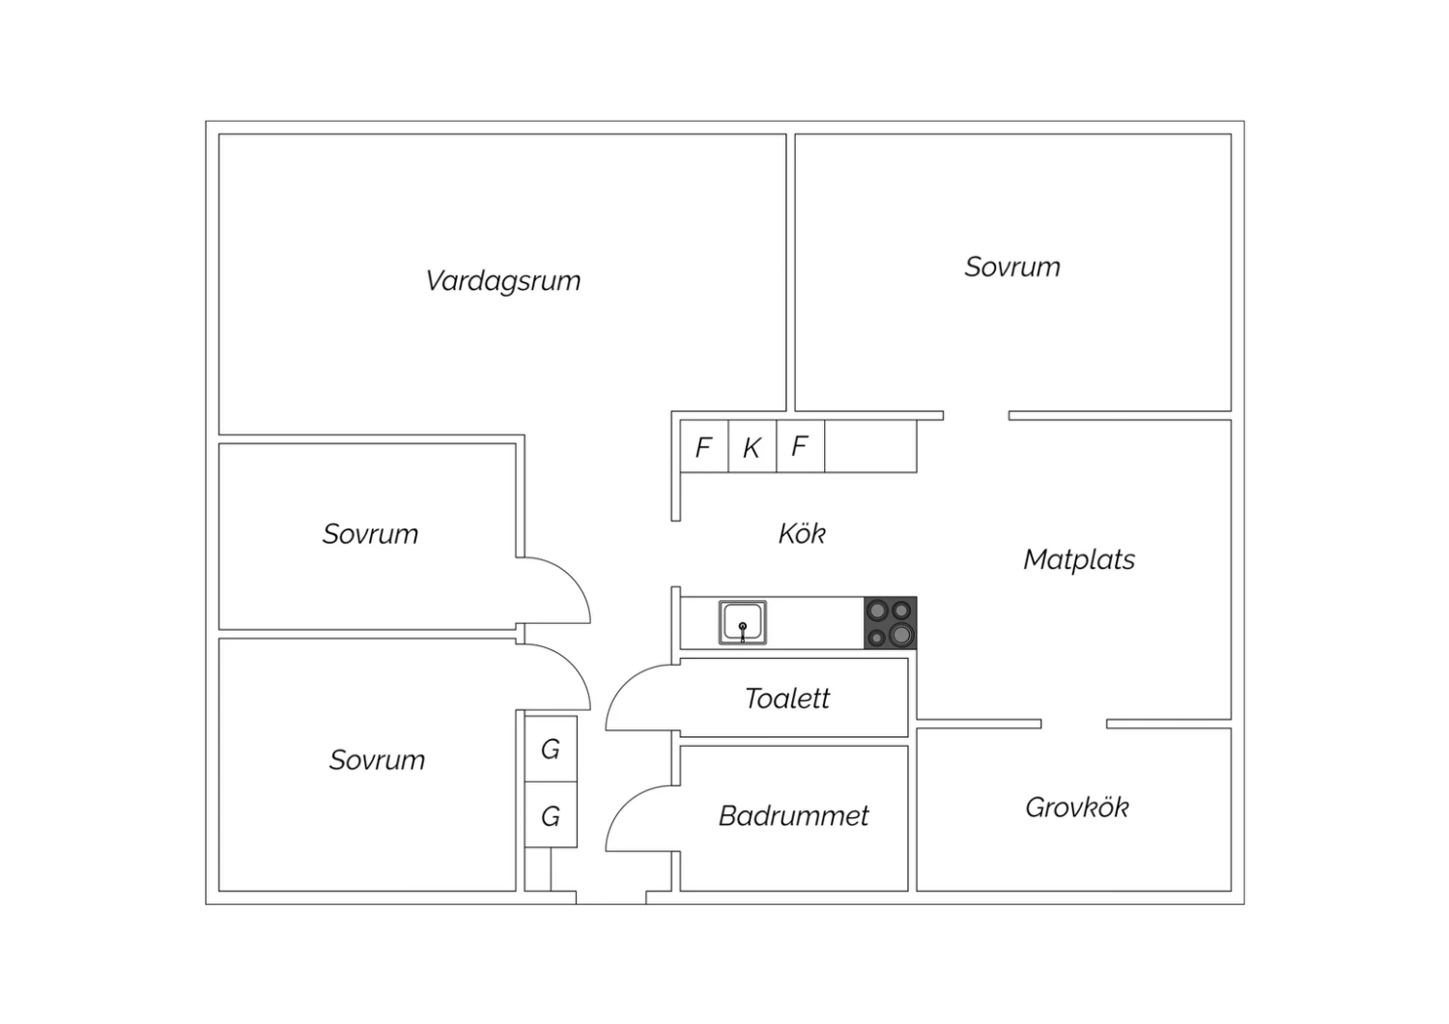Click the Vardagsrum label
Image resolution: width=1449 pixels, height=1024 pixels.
pos(502,281)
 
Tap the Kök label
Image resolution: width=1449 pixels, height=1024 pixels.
pos(802,533)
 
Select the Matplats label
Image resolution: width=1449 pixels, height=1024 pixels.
pos(1079,559)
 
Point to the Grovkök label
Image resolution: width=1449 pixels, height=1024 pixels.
pos(1077,808)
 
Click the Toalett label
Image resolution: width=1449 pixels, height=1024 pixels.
pos(787,698)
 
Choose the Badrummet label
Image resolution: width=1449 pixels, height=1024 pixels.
pos(794,816)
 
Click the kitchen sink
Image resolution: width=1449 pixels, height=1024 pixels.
pos(743,623)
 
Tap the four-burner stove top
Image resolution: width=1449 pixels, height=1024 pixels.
pos(890,623)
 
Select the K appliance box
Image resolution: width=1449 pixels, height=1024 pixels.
pos(753,446)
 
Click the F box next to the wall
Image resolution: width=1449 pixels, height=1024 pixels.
pos(704,446)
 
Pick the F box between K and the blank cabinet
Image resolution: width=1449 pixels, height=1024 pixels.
pos(801,446)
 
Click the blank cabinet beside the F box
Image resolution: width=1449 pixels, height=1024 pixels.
pos(870,446)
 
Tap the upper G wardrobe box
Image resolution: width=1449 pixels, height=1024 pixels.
pos(551,749)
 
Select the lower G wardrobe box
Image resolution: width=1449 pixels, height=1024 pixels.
pos(551,815)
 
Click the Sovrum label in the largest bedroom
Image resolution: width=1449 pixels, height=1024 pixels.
pos(1012,268)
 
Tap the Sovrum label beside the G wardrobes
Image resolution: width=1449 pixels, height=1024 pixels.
pos(377,760)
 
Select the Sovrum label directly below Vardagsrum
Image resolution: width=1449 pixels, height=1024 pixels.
pos(371,534)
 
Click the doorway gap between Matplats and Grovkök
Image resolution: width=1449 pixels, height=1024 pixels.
pos(1074,724)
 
